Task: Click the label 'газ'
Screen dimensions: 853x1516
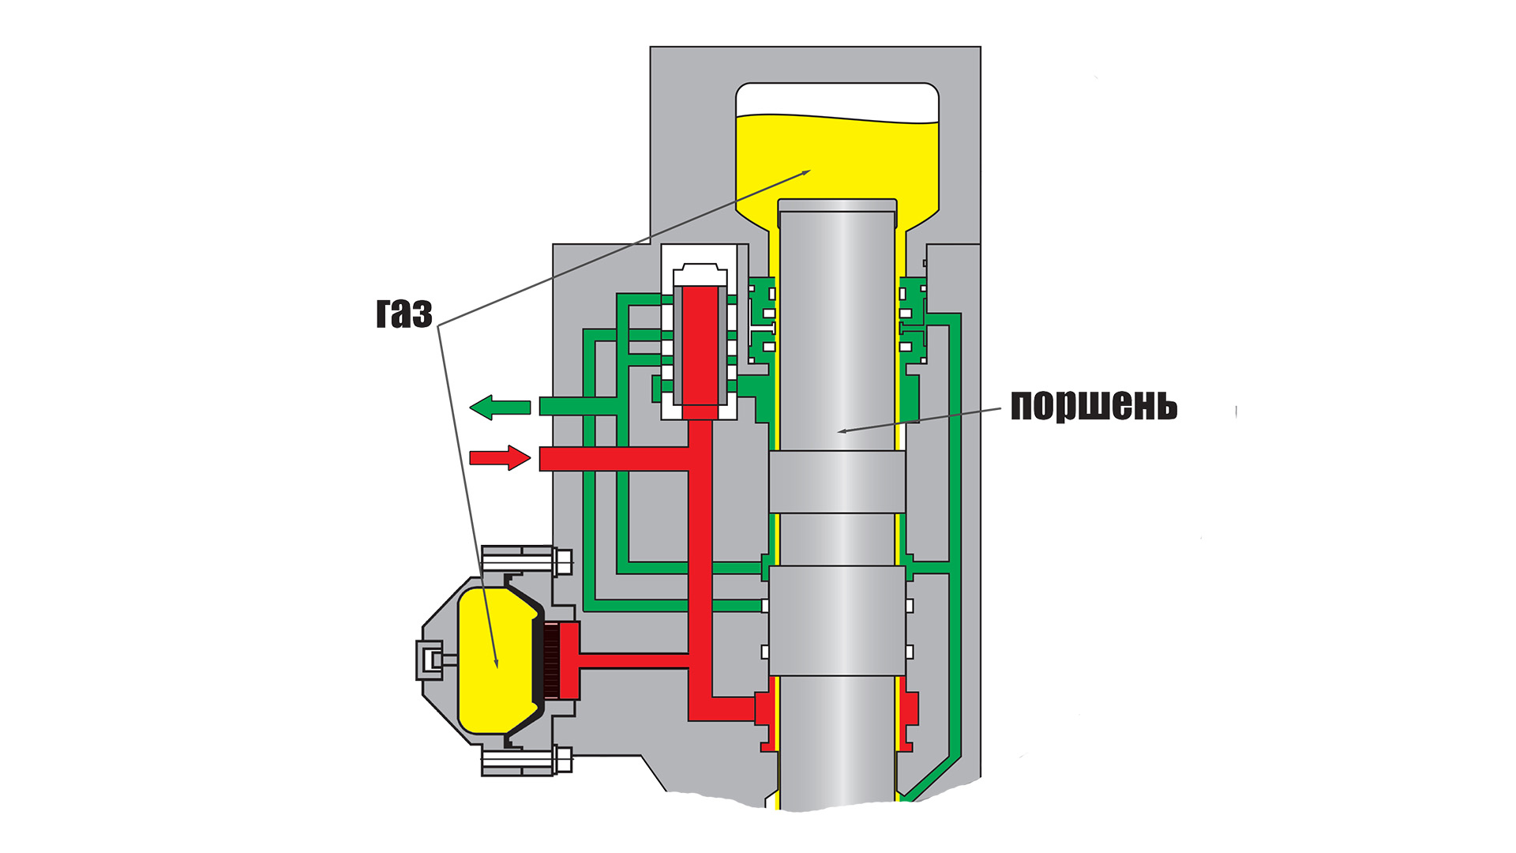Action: click(403, 314)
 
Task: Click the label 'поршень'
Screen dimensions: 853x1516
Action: click(1094, 405)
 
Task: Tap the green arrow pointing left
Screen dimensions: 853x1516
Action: click(500, 408)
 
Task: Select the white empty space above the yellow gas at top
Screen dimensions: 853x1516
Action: click(837, 100)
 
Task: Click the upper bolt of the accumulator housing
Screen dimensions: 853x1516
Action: click(525, 562)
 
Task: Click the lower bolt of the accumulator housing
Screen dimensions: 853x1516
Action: click(525, 761)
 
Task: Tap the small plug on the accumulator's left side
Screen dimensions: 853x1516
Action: click(430, 659)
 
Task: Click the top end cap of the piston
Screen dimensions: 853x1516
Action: click(837, 205)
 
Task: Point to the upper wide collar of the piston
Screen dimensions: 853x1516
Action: click(837, 482)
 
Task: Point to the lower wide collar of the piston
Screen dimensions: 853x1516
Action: click(837, 620)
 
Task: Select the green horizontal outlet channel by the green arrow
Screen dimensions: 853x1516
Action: click(576, 407)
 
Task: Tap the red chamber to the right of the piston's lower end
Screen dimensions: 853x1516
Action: click(909, 710)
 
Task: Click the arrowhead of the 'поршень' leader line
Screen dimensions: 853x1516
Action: click(840, 431)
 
